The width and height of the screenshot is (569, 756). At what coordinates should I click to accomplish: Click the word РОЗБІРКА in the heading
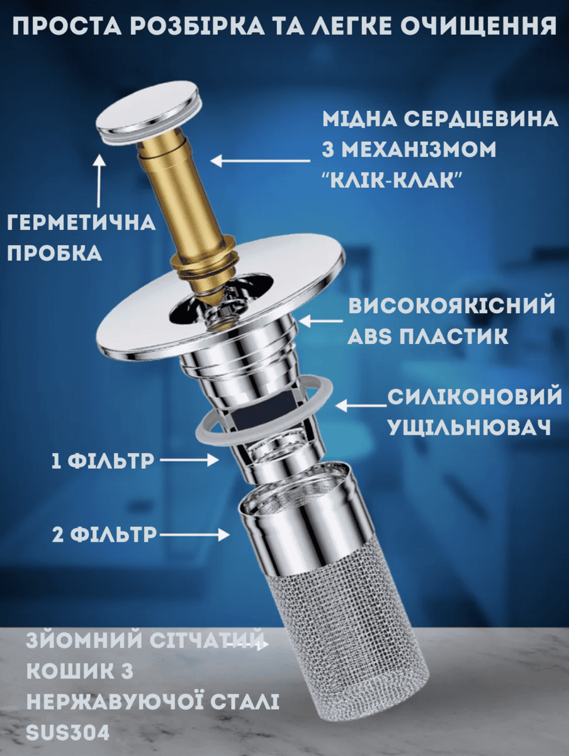click(x=197, y=25)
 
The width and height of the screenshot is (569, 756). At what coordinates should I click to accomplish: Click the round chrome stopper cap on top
click(x=148, y=113)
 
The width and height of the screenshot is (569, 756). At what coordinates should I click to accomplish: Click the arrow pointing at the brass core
click(x=261, y=161)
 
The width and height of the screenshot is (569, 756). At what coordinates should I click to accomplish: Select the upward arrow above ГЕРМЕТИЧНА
click(x=100, y=180)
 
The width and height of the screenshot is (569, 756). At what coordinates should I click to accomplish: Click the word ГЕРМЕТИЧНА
click(x=81, y=222)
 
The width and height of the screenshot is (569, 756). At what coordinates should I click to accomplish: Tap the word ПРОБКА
click(x=54, y=253)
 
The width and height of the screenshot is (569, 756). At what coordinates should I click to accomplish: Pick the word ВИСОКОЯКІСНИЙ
click(x=452, y=305)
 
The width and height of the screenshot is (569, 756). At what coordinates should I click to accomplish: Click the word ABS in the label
click(x=369, y=336)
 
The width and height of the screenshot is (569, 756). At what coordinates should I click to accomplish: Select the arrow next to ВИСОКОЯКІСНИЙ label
click(x=320, y=321)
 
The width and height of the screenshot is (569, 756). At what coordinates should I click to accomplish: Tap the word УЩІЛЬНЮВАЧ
click(x=470, y=427)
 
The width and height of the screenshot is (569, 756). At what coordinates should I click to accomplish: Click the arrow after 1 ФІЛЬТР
click(x=189, y=460)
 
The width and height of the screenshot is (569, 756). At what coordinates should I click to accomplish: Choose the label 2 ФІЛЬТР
click(x=104, y=534)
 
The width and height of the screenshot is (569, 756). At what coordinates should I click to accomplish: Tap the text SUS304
click(x=68, y=733)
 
